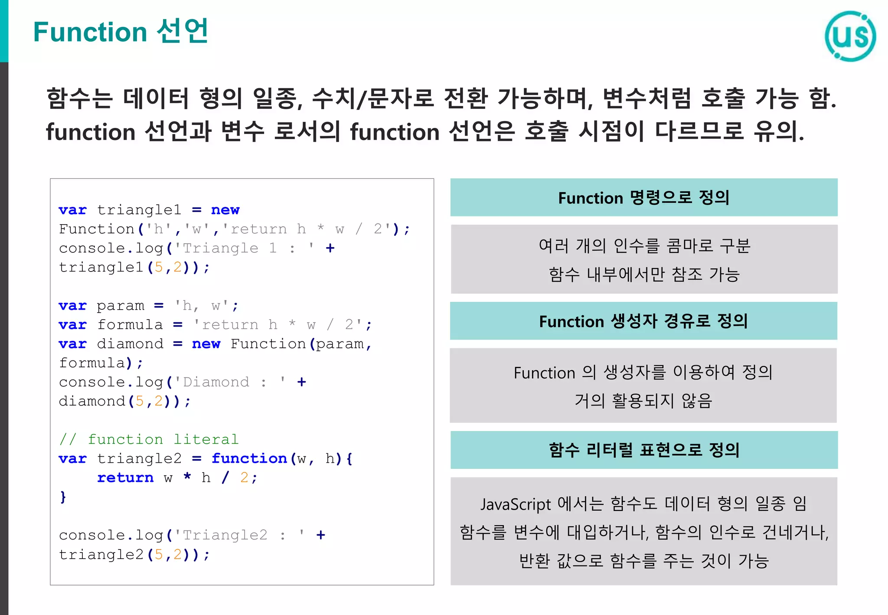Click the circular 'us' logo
(x=850, y=36)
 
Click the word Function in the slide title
(x=90, y=32)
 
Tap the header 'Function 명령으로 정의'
(x=643, y=198)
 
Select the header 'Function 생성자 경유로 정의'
(x=643, y=321)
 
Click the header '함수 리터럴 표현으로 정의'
(x=644, y=450)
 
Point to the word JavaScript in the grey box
(x=516, y=504)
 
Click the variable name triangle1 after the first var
(x=139, y=210)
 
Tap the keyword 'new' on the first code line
(x=225, y=210)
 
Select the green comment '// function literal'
(x=149, y=439)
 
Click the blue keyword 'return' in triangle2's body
(x=125, y=478)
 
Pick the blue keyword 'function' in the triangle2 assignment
(x=249, y=458)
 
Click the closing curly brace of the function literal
(x=63, y=497)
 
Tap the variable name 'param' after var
(x=120, y=306)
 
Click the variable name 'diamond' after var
(x=130, y=344)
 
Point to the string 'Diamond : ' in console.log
(x=230, y=382)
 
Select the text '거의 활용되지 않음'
(x=643, y=400)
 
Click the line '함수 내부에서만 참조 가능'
(x=644, y=274)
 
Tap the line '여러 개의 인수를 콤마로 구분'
(x=644, y=246)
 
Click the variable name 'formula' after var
(x=130, y=325)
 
